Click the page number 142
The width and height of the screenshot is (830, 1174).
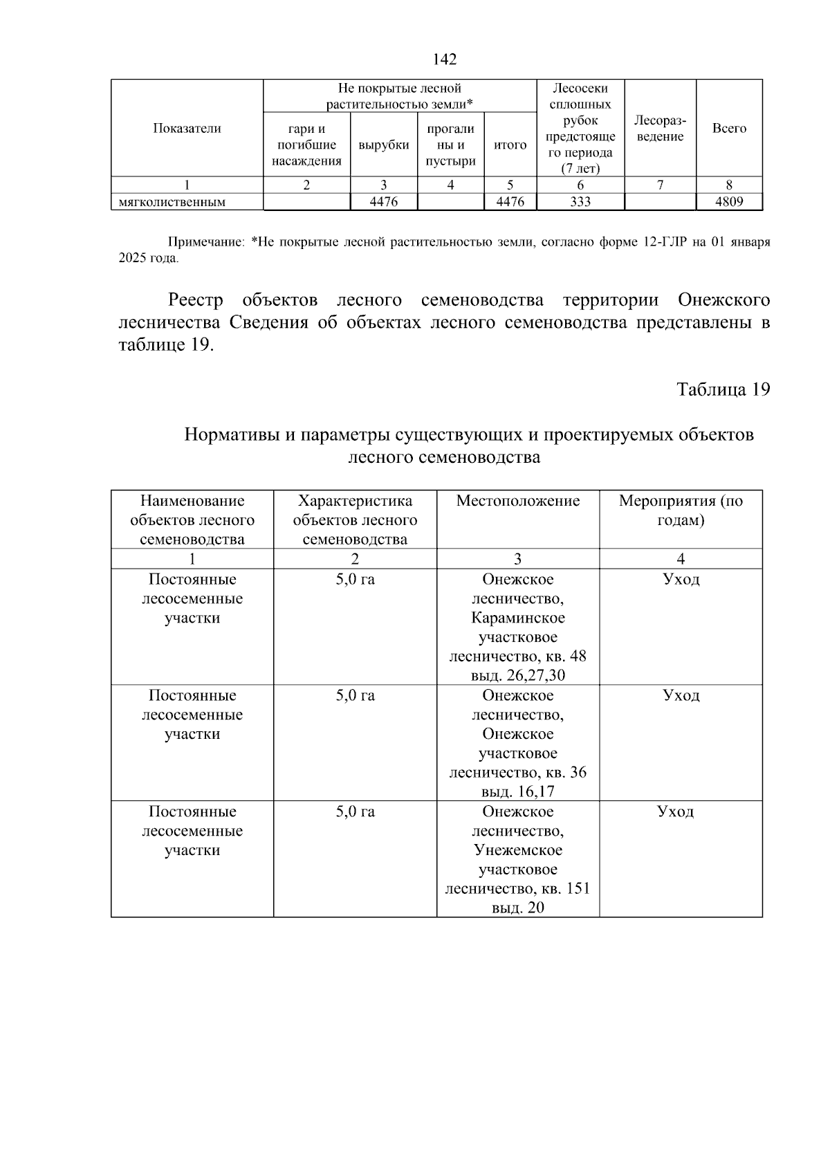coord(444,59)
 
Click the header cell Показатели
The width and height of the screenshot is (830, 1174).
coord(187,128)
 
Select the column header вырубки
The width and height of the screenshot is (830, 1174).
coord(384,145)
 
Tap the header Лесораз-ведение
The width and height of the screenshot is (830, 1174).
coord(660,129)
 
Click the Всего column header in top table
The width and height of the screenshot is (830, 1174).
coord(729,129)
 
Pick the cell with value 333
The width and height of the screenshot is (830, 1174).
coord(580,202)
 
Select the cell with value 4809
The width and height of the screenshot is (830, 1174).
coord(729,202)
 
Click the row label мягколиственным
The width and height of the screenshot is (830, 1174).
coord(173,203)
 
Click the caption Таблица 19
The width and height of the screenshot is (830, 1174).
coord(723,389)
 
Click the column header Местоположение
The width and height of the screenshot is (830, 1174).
coord(517,501)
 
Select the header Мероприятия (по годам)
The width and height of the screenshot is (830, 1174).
coord(681,511)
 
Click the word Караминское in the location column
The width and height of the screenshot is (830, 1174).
coord(518,618)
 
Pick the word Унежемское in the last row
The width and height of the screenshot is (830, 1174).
coord(518,850)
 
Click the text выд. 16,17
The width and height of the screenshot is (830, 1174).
coord(518,792)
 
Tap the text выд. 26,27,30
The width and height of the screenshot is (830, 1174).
coord(518,676)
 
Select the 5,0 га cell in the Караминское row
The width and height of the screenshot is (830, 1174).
coord(355,580)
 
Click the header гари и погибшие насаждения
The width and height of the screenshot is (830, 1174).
coord(306,145)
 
